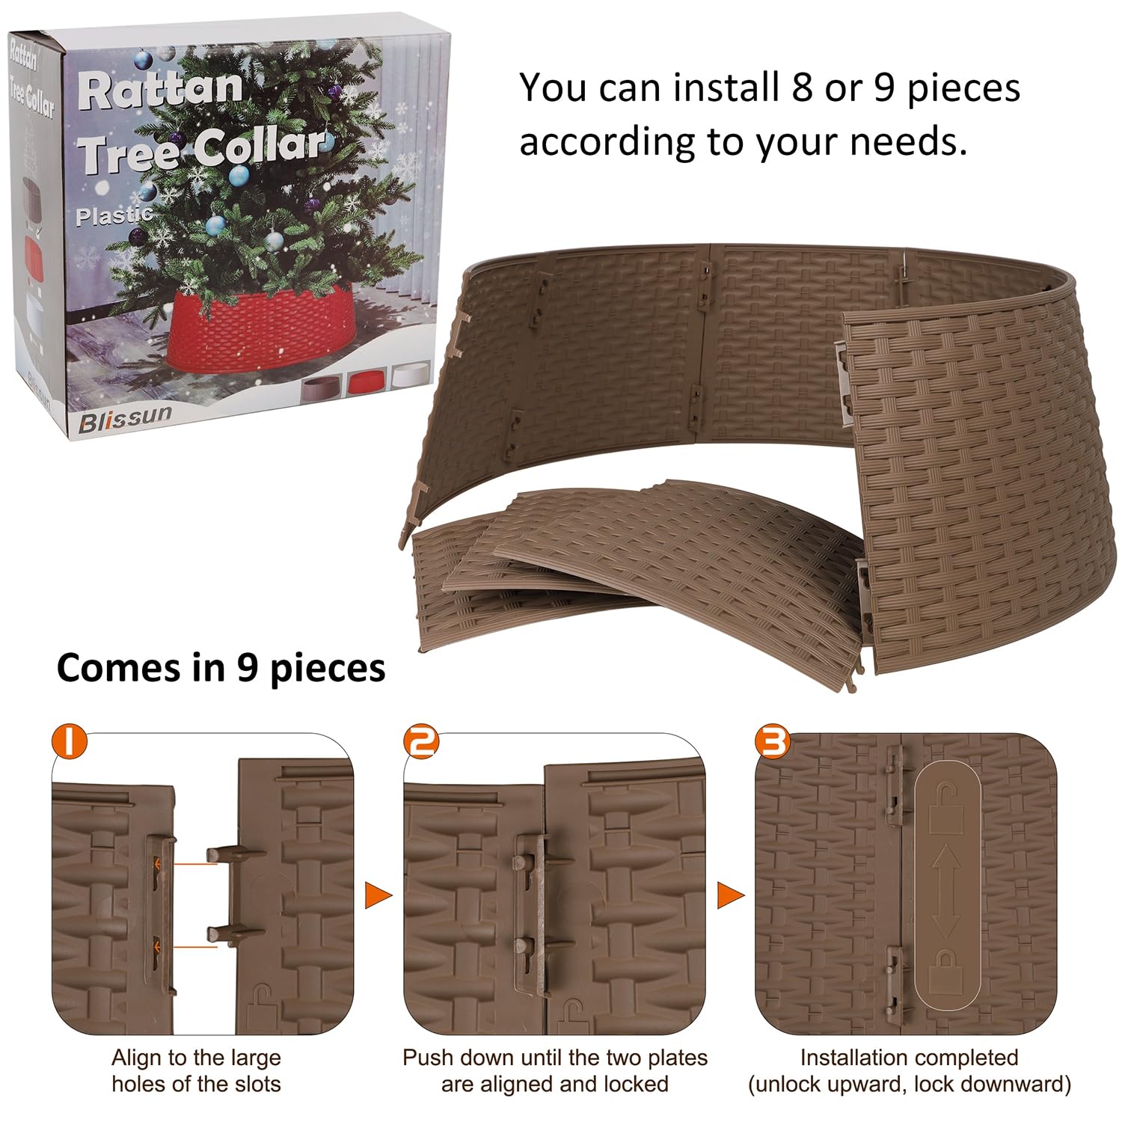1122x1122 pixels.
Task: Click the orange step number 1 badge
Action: [x=70, y=741]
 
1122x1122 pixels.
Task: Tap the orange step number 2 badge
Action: [x=421, y=741]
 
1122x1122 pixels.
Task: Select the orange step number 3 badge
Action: [x=773, y=741]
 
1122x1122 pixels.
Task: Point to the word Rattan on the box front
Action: [x=161, y=89]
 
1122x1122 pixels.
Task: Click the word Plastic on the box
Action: [x=114, y=216]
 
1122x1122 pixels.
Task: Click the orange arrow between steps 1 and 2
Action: [x=378, y=895]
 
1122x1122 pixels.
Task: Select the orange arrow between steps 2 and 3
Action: [x=730, y=895]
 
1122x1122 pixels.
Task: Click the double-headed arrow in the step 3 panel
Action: [x=945, y=890]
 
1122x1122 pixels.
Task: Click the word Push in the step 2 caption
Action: [x=429, y=1058]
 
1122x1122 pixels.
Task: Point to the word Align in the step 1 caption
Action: [x=137, y=1058]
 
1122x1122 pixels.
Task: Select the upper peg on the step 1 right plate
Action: [x=236, y=854]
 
